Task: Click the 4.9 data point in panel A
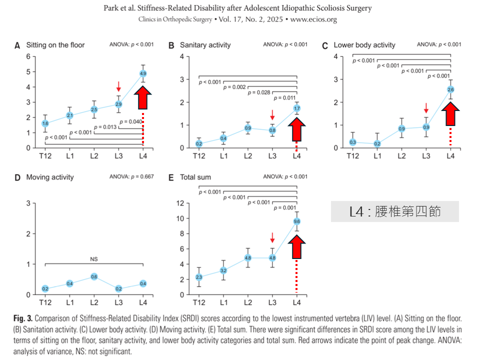click(x=143, y=73)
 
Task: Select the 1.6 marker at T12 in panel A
click(x=45, y=123)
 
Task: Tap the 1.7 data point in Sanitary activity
click(x=297, y=108)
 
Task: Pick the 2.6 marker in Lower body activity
click(x=450, y=89)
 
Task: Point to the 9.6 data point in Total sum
click(x=297, y=221)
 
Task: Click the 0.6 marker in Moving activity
click(x=94, y=276)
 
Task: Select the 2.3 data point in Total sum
click(x=199, y=277)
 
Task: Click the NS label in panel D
click(x=94, y=259)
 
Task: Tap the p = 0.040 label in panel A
click(x=130, y=121)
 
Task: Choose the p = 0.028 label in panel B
click(x=259, y=92)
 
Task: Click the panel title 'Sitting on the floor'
click(x=55, y=45)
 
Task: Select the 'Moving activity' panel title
click(x=49, y=177)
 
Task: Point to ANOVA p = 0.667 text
click(x=131, y=176)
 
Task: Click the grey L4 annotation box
click(x=394, y=211)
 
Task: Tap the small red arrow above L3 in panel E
click(x=272, y=237)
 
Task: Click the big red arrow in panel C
click(x=450, y=112)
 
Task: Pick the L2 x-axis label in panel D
click(x=94, y=303)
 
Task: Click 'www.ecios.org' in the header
click(x=313, y=19)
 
